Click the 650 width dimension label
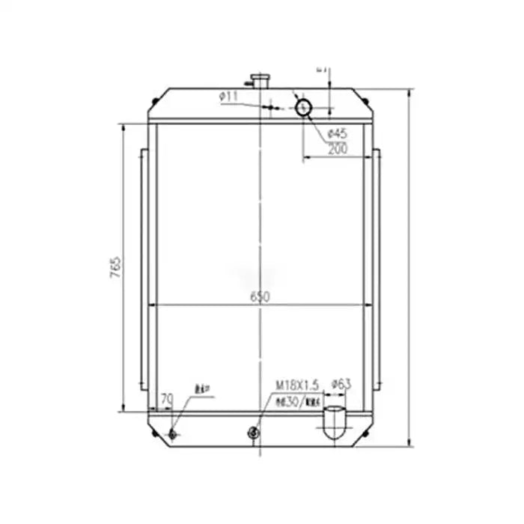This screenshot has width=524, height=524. coord(260,297)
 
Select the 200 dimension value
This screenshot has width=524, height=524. coord(338,149)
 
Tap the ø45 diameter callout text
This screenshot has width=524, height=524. coord(338,134)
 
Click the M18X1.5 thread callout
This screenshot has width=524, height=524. coord(297,384)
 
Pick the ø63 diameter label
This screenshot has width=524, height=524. coord(341,384)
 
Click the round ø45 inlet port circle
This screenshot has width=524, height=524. coord(304,107)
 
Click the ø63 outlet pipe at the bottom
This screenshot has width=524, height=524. coord(333,423)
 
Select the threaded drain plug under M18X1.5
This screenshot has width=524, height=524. coord(254,432)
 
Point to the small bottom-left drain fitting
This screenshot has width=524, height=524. coord(174,435)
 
